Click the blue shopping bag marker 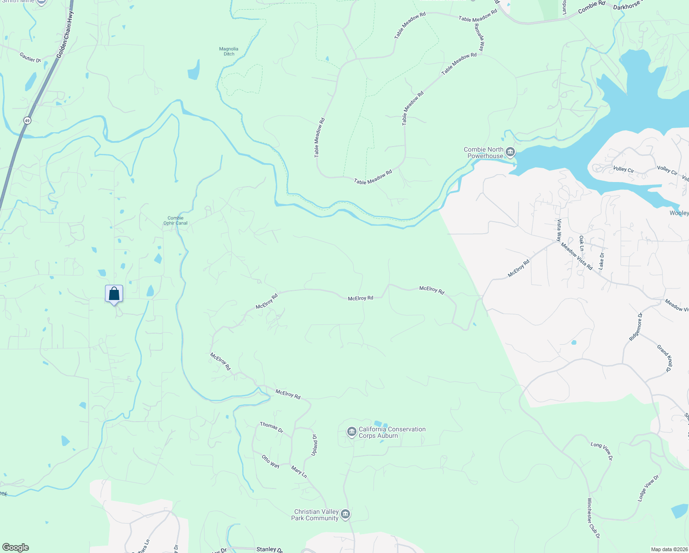(114, 294)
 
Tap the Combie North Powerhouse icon (510, 152)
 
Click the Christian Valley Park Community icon (345, 514)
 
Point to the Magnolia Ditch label (229, 51)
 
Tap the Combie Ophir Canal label (175, 220)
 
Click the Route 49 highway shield (27, 121)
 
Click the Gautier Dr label (30, 58)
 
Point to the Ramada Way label (480, 37)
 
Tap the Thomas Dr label (271, 427)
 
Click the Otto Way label (270, 461)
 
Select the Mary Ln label (299, 471)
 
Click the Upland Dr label (315, 445)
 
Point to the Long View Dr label (602, 451)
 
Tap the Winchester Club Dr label (594, 518)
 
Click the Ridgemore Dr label (635, 327)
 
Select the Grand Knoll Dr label (665, 358)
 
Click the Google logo (16, 547)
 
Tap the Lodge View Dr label (648, 488)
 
